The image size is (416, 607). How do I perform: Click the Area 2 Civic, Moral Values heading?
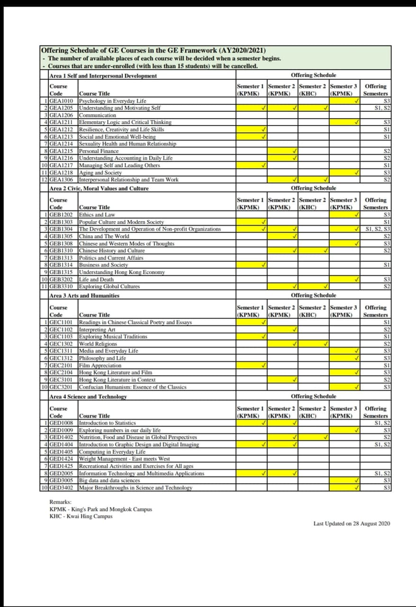[x=99, y=188]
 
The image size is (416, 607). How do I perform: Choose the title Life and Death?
[x=96, y=279]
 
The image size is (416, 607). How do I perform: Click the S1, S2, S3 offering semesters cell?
[x=378, y=229]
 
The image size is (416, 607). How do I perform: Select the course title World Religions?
[x=98, y=344]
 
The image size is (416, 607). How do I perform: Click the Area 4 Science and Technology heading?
[x=88, y=396]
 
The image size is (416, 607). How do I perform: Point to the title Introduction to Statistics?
[x=107, y=423]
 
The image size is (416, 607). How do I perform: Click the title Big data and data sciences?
[x=109, y=480]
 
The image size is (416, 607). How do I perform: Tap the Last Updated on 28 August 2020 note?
[x=352, y=524]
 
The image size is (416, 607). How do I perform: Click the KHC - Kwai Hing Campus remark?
[x=81, y=516]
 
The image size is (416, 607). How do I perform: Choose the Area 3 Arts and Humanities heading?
[x=84, y=295]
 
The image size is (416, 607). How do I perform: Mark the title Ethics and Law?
[x=97, y=215]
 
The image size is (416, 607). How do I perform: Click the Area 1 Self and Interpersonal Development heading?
[x=103, y=76]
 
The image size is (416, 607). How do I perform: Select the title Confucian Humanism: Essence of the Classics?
[x=132, y=387]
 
